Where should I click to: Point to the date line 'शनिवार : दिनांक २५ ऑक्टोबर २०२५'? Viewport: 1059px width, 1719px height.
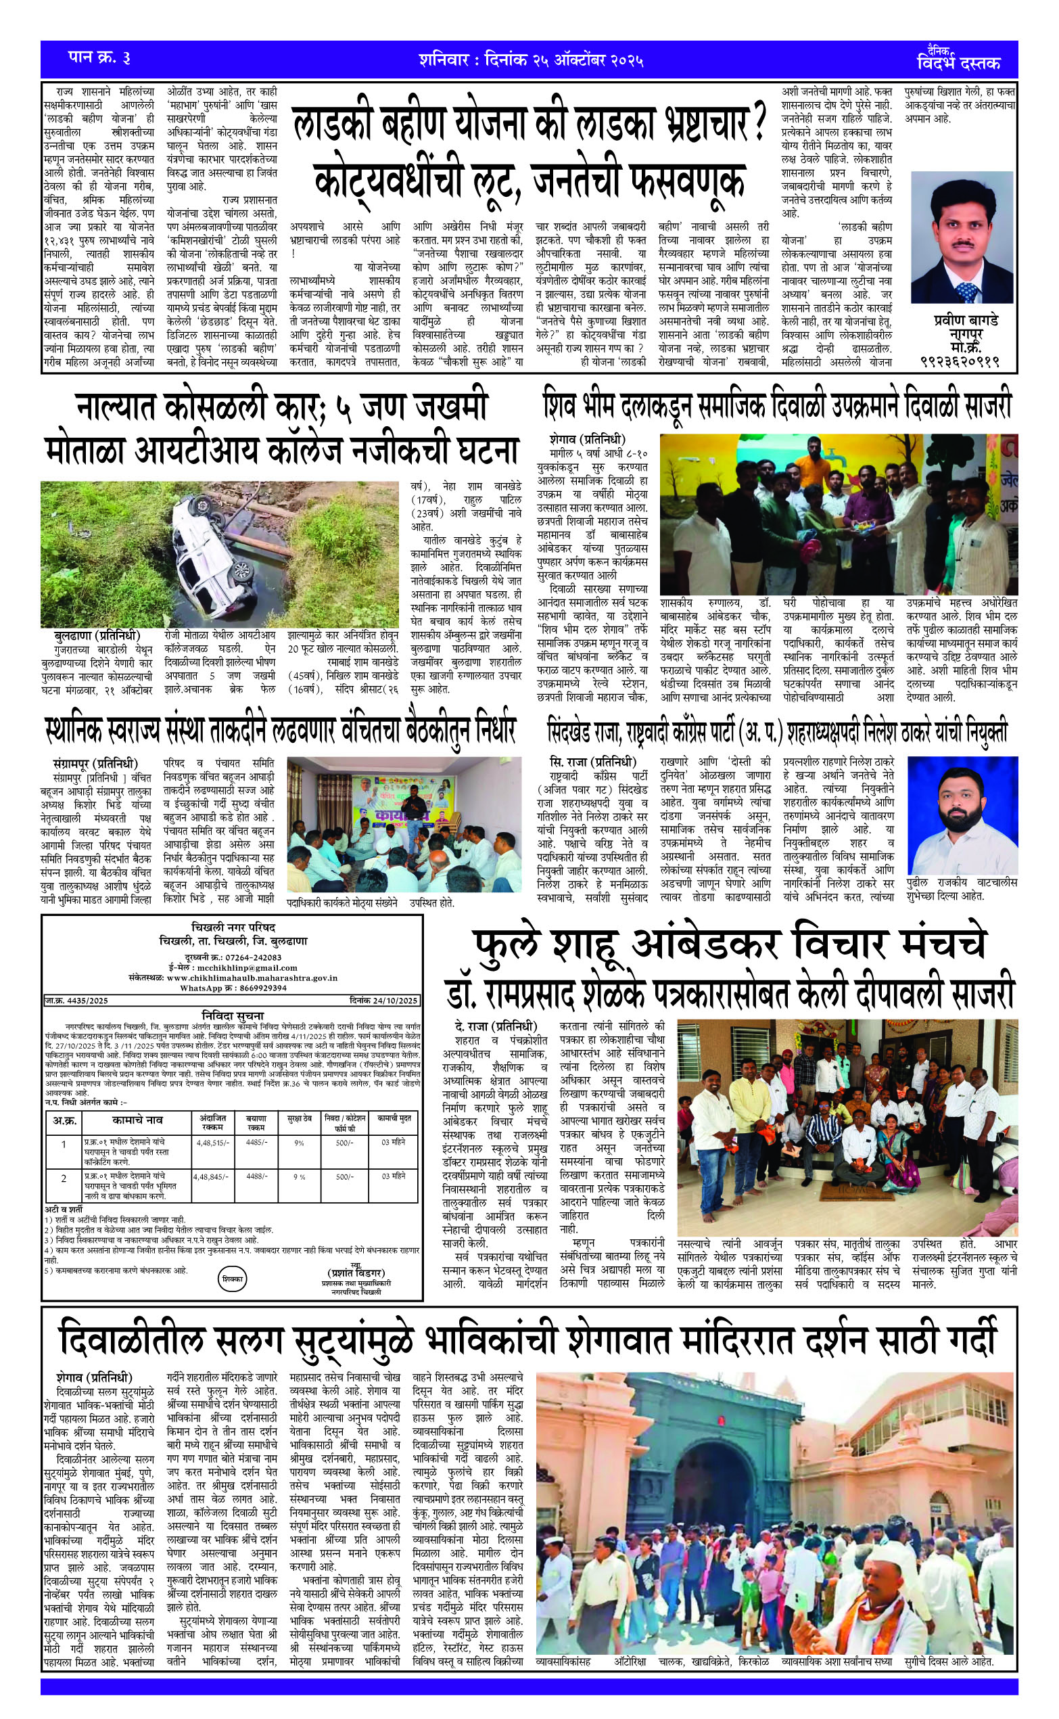coord(531,60)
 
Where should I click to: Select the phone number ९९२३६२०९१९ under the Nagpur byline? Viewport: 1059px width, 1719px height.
coord(960,362)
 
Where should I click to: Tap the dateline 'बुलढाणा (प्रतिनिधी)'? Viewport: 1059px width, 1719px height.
coord(97,635)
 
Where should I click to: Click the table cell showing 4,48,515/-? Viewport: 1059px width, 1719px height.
coord(212,1143)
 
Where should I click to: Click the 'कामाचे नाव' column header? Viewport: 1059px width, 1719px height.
coord(137,1120)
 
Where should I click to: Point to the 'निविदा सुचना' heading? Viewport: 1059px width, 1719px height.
coord(233,1015)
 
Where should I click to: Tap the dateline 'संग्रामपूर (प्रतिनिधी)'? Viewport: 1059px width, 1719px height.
coord(95,763)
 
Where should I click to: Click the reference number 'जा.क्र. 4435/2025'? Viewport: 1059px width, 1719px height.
coord(77,1001)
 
